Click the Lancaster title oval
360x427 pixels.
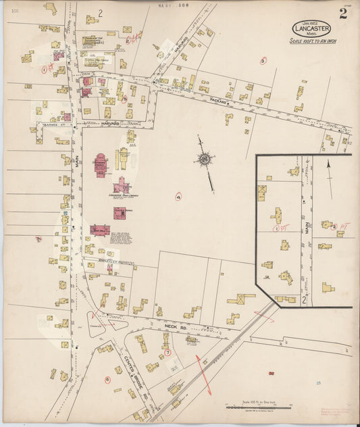click(x=311, y=29)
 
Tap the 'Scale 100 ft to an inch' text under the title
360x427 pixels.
click(x=312, y=42)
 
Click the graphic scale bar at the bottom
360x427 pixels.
click(x=257, y=405)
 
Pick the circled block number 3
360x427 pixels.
click(x=262, y=60)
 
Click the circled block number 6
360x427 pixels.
click(x=107, y=379)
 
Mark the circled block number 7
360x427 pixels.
click(x=168, y=352)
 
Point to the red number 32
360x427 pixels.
click(x=271, y=372)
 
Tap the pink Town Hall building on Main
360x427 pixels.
click(x=100, y=230)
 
